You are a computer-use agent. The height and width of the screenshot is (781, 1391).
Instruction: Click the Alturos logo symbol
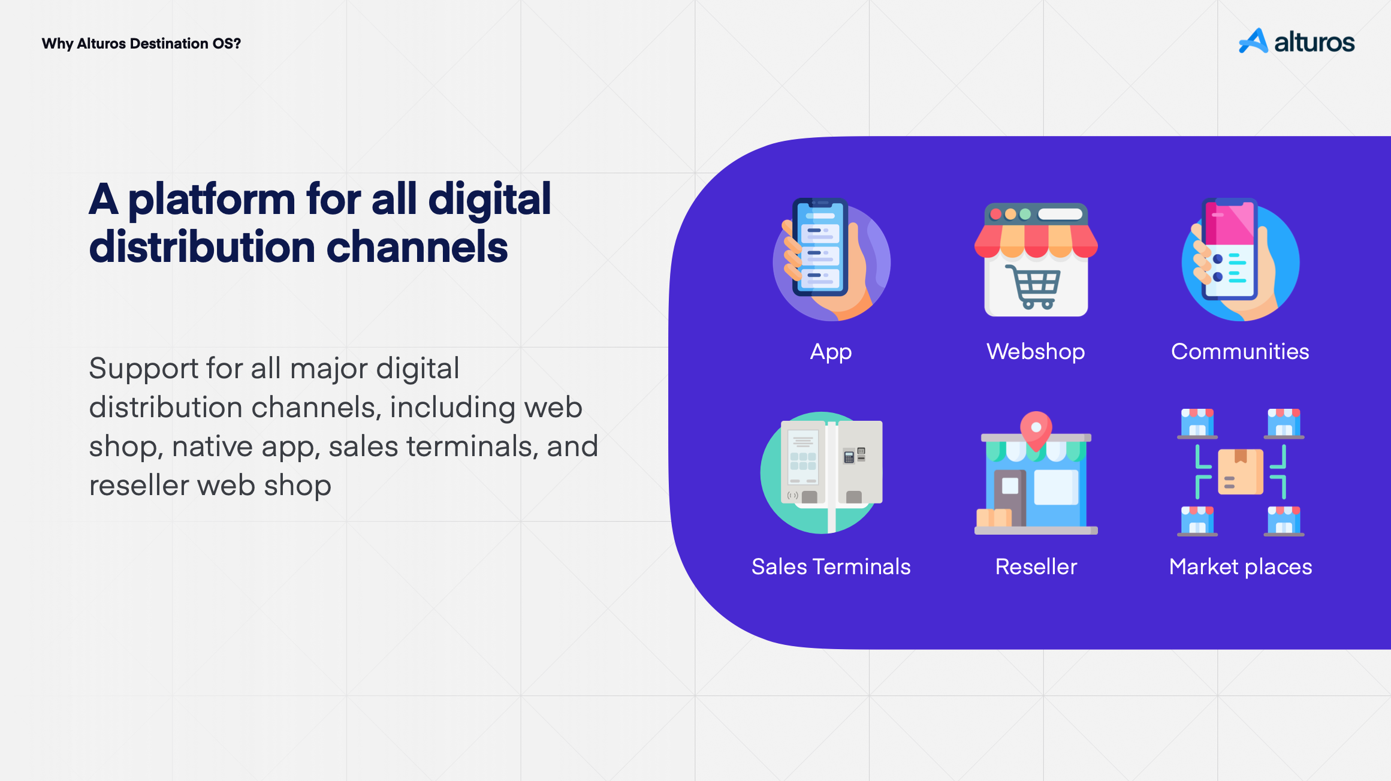point(1253,41)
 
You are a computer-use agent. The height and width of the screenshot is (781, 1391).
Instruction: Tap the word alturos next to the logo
point(1314,42)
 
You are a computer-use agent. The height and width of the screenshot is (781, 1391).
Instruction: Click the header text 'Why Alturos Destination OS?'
point(141,44)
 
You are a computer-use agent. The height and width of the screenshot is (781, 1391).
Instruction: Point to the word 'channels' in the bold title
point(417,247)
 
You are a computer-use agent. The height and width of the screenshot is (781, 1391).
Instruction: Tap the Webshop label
point(1036,351)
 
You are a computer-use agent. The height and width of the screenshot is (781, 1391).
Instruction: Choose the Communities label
point(1240,351)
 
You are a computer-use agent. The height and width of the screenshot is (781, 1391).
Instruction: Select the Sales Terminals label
point(831,566)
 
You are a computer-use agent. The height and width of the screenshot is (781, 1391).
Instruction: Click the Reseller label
point(1036,566)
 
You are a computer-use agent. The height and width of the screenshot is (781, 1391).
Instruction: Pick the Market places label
point(1241,567)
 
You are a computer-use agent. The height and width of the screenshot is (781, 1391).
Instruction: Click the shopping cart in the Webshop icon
point(1033,287)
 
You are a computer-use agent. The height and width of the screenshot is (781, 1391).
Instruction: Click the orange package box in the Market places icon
point(1241,472)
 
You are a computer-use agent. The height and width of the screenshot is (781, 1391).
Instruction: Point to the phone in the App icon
point(820,247)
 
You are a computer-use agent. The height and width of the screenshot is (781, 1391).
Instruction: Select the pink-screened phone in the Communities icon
point(1229,249)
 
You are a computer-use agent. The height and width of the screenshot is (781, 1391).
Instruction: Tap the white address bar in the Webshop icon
point(1060,214)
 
